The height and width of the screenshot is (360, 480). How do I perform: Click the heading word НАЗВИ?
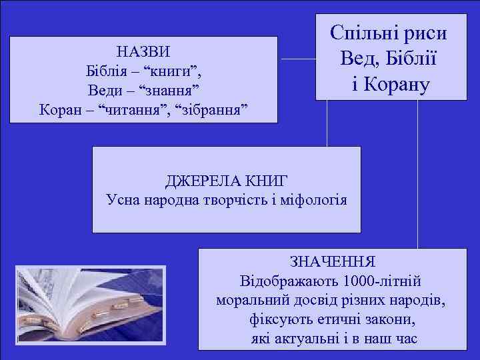coord(143,51)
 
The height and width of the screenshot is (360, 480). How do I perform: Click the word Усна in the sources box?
coord(123,199)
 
